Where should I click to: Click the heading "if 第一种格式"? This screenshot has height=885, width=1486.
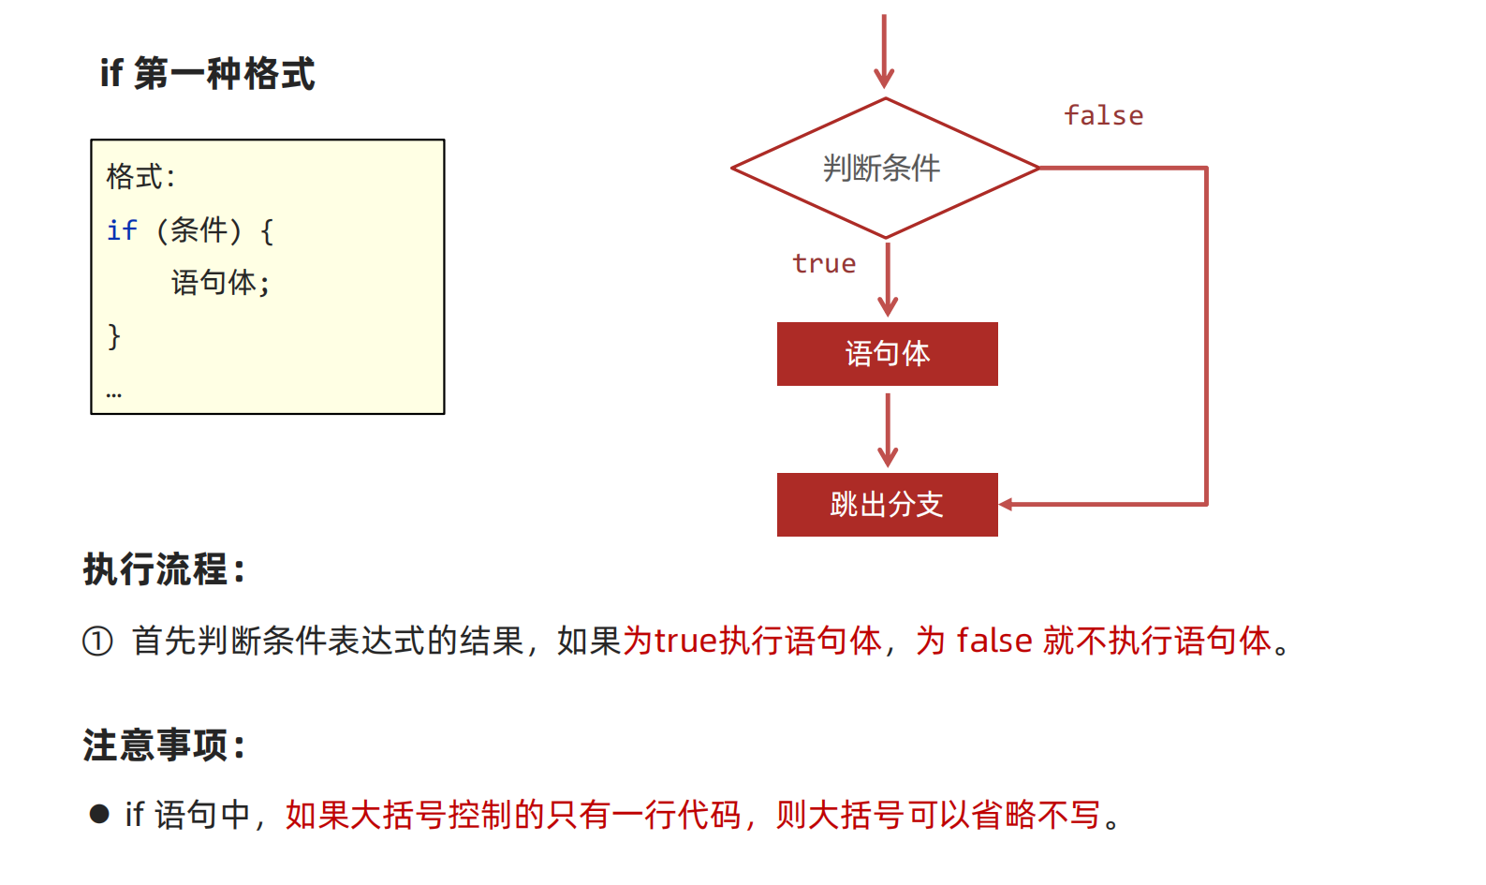click(x=207, y=73)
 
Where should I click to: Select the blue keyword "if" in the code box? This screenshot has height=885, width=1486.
click(x=122, y=230)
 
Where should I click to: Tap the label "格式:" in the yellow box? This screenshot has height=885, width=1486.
click(x=140, y=176)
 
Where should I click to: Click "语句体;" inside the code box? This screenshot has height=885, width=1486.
click(x=221, y=283)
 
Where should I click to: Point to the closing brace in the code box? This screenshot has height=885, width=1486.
click(x=114, y=335)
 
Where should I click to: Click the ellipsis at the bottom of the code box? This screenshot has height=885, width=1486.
click(x=114, y=394)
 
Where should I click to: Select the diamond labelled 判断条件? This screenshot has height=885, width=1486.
click(x=884, y=169)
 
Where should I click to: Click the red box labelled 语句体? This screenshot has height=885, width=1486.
click(x=887, y=354)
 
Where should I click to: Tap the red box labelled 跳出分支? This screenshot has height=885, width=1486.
click(x=887, y=505)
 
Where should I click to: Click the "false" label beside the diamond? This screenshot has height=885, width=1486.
click(x=1103, y=116)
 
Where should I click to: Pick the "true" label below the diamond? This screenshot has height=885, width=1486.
click(x=824, y=264)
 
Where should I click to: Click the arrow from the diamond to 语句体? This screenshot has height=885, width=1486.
click(x=888, y=279)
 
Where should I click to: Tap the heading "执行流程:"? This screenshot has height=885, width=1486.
click(x=165, y=569)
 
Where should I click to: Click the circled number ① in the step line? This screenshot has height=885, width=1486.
click(x=97, y=642)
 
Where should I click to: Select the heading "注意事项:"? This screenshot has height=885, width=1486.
click(x=165, y=745)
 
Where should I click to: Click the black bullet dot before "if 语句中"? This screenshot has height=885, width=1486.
click(x=99, y=814)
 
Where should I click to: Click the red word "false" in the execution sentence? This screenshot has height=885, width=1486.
click(x=994, y=642)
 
